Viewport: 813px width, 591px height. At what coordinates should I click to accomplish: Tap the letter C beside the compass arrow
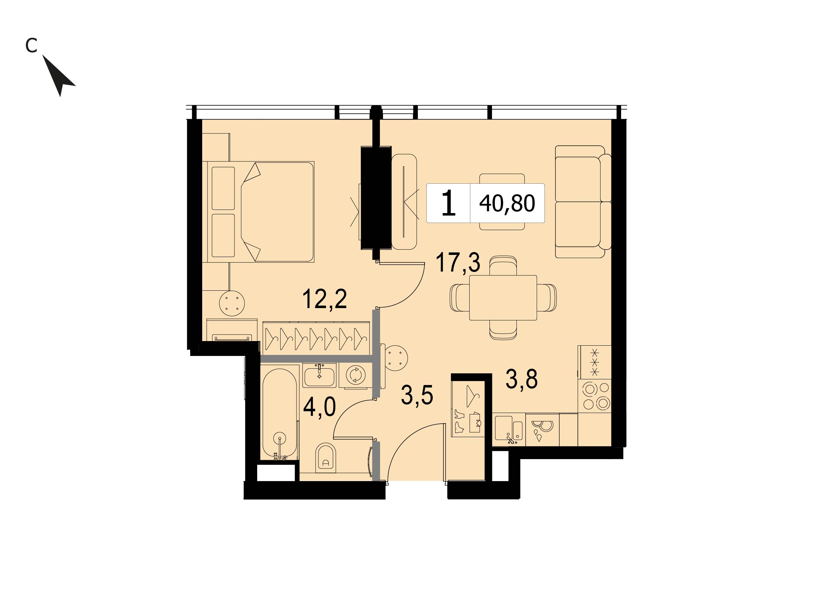32,45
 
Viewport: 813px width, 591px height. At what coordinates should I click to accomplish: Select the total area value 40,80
507,203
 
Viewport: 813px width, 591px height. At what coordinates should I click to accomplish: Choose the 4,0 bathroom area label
319,408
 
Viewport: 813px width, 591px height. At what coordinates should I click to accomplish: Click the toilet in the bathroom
326,457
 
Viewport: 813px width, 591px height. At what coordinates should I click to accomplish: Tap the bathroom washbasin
319,375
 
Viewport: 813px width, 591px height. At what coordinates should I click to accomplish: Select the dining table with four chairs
503,298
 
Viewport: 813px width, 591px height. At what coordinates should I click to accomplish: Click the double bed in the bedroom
258,212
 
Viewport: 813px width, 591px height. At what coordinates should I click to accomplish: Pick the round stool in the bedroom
232,303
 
